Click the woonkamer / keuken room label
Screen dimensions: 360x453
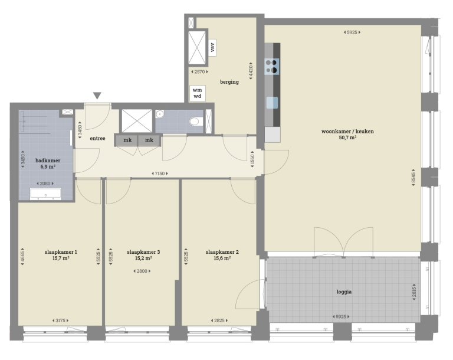click(347, 131)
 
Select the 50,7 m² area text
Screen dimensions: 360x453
click(347, 138)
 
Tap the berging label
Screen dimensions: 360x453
click(229, 82)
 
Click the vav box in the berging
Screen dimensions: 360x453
click(212, 47)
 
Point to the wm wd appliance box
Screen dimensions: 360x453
click(197, 93)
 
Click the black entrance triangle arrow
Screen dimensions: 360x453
click(97, 96)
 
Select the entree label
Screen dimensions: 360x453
click(97, 139)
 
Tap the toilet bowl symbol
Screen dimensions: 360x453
click(195, 122)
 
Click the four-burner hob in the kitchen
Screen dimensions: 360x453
click(272, 66)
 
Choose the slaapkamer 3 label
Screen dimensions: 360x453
click(143, 252)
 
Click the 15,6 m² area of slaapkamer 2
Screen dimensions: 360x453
click(218, 258)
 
